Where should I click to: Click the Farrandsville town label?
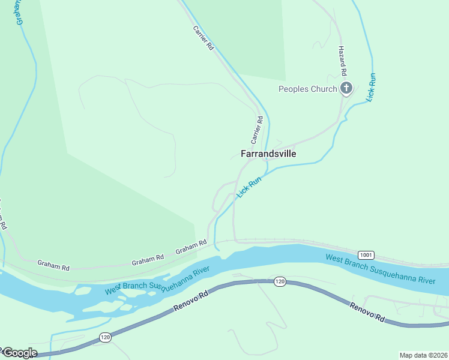point(268,154)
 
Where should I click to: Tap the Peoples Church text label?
point(307,89)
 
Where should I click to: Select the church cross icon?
point(346,89)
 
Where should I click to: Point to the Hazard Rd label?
point(343,61)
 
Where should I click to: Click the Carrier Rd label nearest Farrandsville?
point(257,129)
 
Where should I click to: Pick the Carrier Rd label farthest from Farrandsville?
point(203,37)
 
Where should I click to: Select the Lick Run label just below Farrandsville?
point(250,187)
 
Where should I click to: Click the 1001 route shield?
point(366,254)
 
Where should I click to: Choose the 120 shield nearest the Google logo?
point(105,338)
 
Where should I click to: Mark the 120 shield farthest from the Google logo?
point(280,281)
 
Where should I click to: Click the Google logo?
point(19,353)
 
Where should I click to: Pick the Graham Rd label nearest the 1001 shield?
point(191,247)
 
